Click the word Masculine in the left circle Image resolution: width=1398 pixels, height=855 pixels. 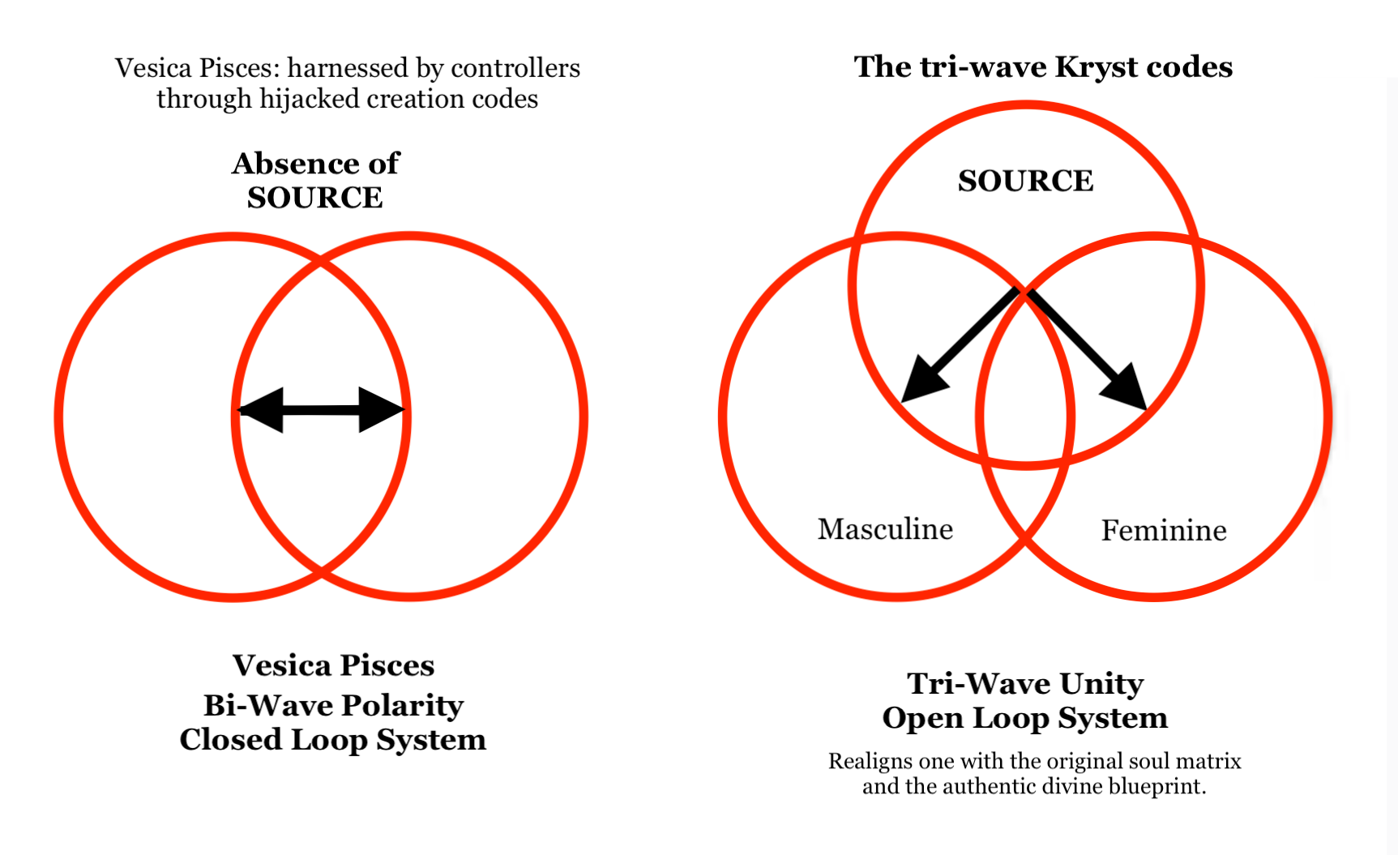[x=885, y=529]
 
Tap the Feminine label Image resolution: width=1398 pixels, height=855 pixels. [x=1163, y=531]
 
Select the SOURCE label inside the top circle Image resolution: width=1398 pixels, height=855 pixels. [x=1025, y=181]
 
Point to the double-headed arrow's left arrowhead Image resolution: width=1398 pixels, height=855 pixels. [x=261, y=410]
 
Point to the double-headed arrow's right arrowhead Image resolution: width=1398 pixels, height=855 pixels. [x=381, y=410]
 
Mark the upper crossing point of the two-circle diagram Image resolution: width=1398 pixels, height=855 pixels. [x=321, y=261]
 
